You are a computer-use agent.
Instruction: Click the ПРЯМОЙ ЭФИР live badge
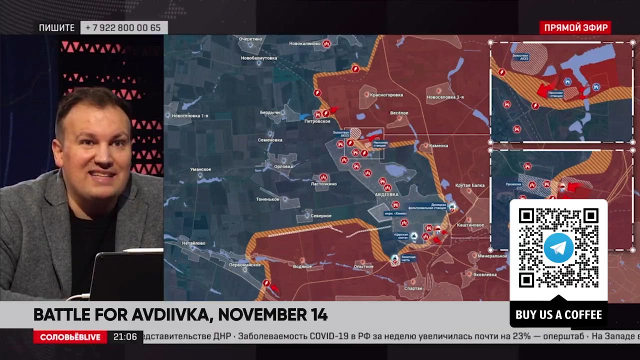click(x=575, y=27)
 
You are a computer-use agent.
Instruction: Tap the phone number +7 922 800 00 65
click(x=123, y=27)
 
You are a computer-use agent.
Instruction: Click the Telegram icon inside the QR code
click(x=558, y=247)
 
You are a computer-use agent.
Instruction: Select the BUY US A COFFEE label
click(x=558, y=314)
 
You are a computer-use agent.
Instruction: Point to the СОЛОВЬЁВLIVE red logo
click(x=70, y=337)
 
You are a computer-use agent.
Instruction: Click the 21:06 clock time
click(x=125, y=337)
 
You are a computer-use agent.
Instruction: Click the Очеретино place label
click(x=251, y=38)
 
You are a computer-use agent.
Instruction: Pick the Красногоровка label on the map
click(x=385, y=94)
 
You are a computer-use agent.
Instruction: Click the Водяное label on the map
click(x=302, y=266)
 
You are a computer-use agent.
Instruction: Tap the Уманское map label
click(x=200, y=169)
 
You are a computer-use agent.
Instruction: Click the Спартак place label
click(x=413, y=288)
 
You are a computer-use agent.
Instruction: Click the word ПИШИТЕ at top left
click(x=57, y=28)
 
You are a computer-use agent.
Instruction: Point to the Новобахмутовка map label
click(x=258, y=58)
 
